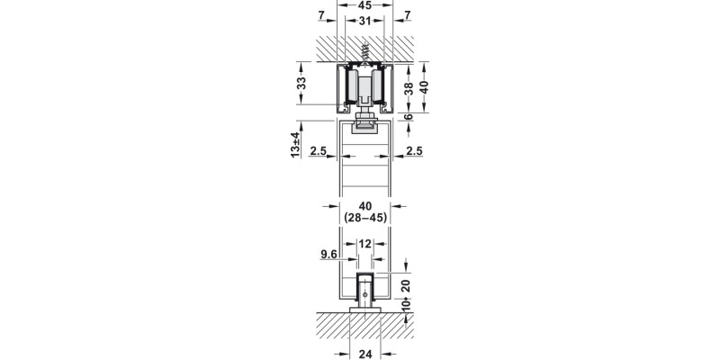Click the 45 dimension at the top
[365, 5]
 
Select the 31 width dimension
[365, 21]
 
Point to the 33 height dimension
[302, 83]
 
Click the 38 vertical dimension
[408, 87]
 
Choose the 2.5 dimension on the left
[316, 151]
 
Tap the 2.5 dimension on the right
[414, 151]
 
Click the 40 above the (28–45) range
[365, 205]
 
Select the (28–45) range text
[365, 219]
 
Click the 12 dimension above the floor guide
[365, 244]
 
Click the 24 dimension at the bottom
[365, 353]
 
